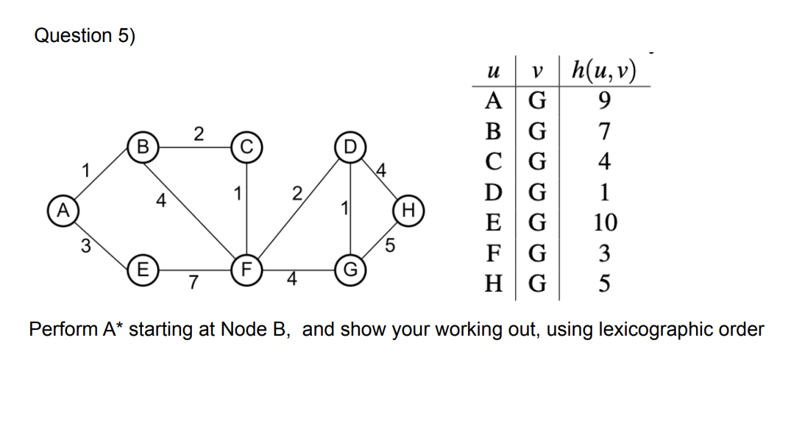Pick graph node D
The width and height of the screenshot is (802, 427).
349,144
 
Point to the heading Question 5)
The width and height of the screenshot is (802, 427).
85,36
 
